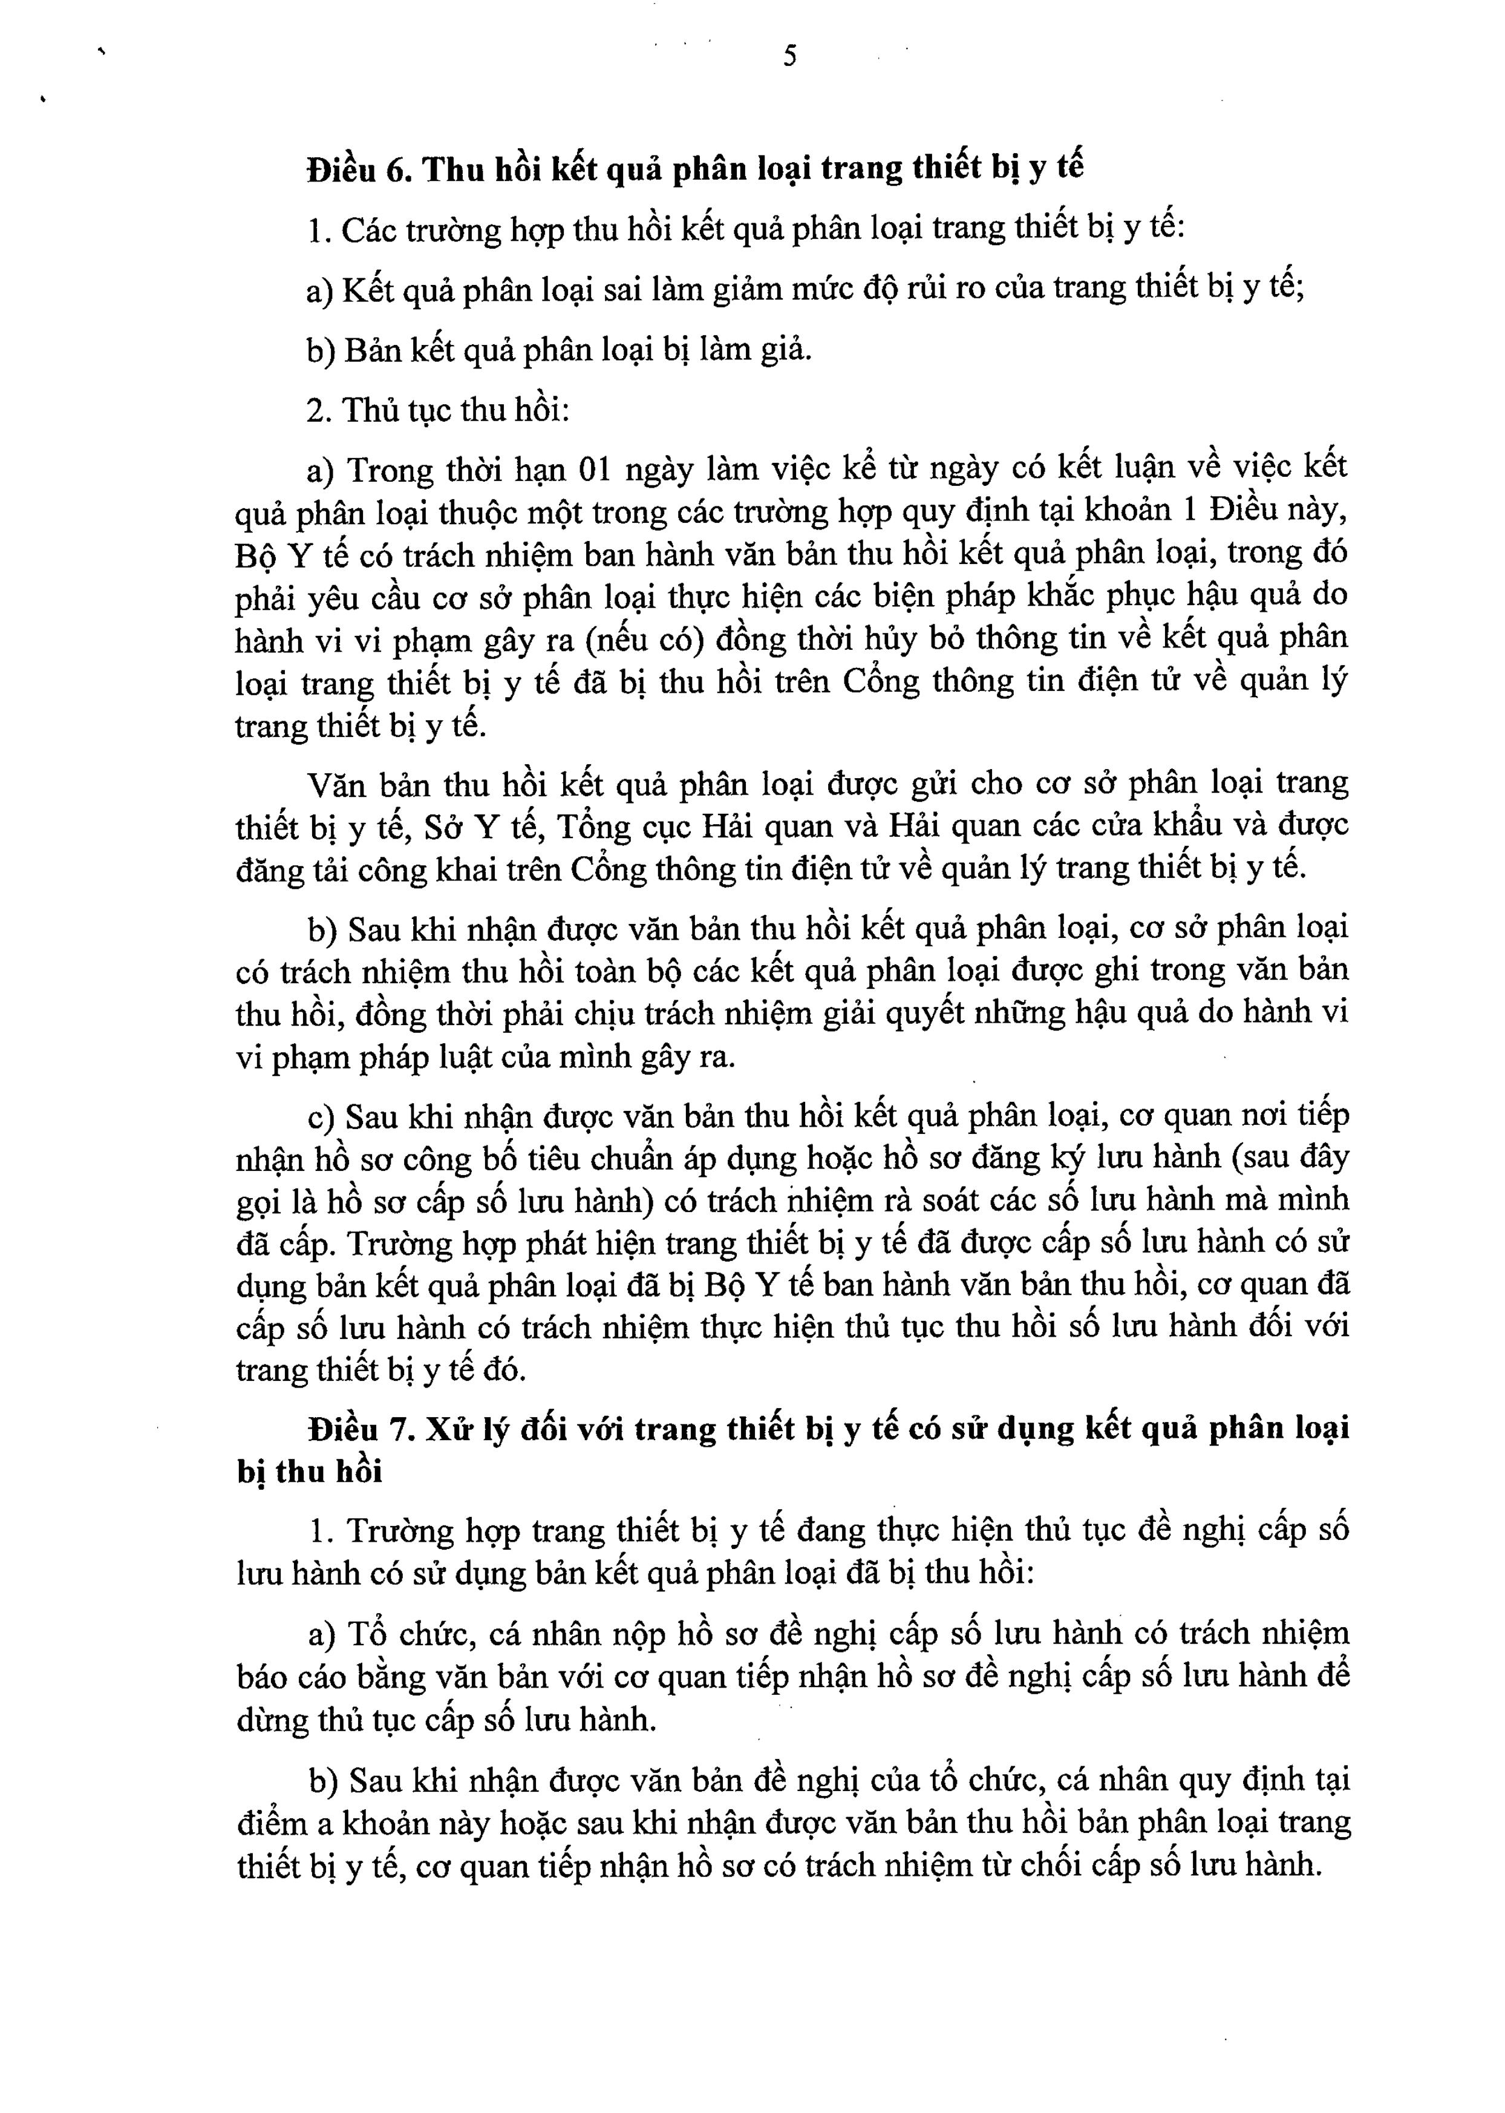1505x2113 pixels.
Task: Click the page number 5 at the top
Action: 789,56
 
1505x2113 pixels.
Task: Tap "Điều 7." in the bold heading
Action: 359,1429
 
